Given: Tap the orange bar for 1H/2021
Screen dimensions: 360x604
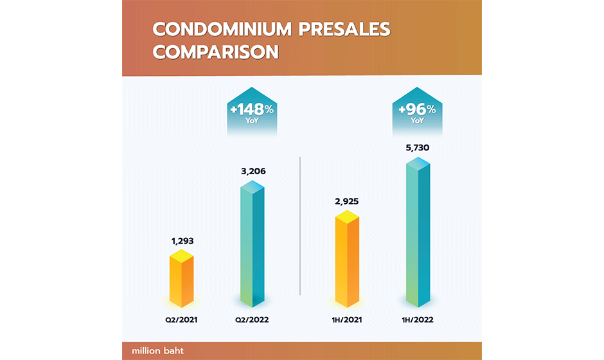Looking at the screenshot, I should click(x=347, y=260).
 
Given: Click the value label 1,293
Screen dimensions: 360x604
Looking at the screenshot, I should click(x=182, y=242).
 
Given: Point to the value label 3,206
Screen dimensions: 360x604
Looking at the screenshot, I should click(x=253, y=172).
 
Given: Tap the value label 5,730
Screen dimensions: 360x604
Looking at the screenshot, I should click(x=418, y=148).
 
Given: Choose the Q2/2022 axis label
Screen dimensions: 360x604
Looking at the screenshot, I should click(x=253, y=319).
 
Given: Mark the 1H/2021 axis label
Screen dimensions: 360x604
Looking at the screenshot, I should click(x=347, y=319).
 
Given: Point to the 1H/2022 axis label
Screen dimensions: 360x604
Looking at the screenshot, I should click(x=418, y=319).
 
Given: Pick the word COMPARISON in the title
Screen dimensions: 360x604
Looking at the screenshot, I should click(x=215, y=52).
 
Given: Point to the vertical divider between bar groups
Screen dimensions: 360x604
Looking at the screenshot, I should click(x=301, y=225).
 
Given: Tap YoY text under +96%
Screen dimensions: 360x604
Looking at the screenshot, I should click(x=418, y=120).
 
